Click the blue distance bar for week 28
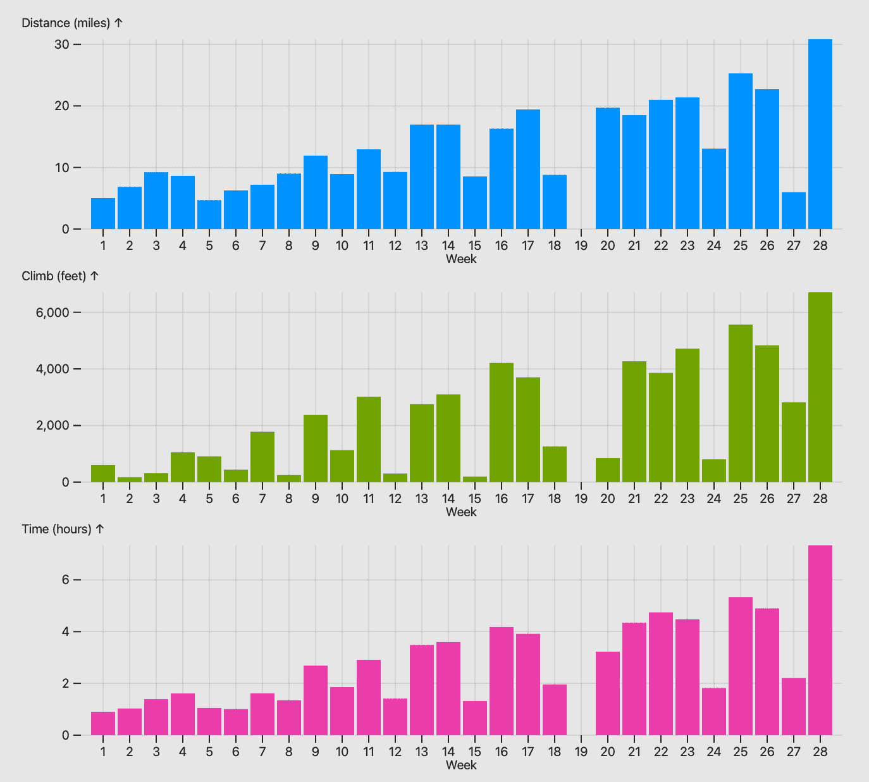(x=820, y=134)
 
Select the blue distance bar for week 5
(x=209, y=214)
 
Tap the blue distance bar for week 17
(x=528, y=169)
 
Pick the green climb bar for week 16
(x=501, y=423)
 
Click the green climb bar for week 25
(x=741, y=403)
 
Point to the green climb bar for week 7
(x=262, y=457)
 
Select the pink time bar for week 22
(x=661, y=674)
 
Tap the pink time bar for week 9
(x=316, y=700)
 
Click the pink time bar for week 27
(x=794, y=707)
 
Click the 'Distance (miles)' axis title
(x=66, y=23)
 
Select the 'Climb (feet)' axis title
(x=54, y=276)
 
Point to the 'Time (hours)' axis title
(x=57, y=530)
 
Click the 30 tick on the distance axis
(x=61, y=44)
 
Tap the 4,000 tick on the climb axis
(x=52, y=369)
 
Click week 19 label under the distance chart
(x=581, y=245)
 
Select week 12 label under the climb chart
(x=395, y=499)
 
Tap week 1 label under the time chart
(x=103, y=752)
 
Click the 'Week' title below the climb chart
(x=461, y=512)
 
